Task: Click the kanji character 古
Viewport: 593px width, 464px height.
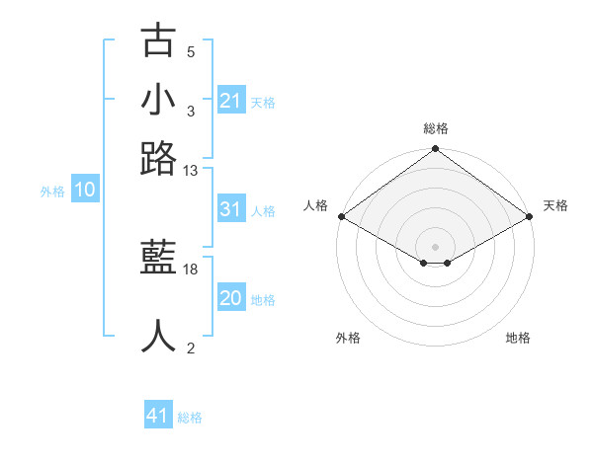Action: (x=159, y=42)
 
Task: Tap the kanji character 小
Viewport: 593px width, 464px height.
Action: (x=159, y=101)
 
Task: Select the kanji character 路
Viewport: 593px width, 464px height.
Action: (x=159, y=158)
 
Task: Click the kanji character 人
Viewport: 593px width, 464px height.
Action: (x=159, y=336)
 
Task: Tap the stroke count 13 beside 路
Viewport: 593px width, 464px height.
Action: (x=191, y=170)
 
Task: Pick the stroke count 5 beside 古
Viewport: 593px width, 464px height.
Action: (x=191, y=51)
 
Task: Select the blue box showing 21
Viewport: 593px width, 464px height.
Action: (x=230, y=101)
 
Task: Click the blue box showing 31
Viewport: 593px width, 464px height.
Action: (x=230, y=209)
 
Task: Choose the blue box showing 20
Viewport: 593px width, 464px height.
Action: (x=230, y=299)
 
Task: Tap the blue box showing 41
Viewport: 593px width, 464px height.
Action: (x=158, y=416)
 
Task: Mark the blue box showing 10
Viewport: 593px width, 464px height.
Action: (x=85, y=191)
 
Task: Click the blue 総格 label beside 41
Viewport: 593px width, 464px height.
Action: (x=190, y=418)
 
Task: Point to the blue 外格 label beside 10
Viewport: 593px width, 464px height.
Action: (x=52, y=192)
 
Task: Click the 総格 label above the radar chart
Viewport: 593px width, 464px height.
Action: (x=435, y=128)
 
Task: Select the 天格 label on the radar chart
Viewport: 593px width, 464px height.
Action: (x=555, y=205)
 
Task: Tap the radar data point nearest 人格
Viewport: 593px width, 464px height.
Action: (x=341, y=216)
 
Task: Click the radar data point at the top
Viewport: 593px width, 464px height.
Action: (x=435, y=150)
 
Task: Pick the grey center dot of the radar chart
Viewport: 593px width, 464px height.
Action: (x=435, y=246)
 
